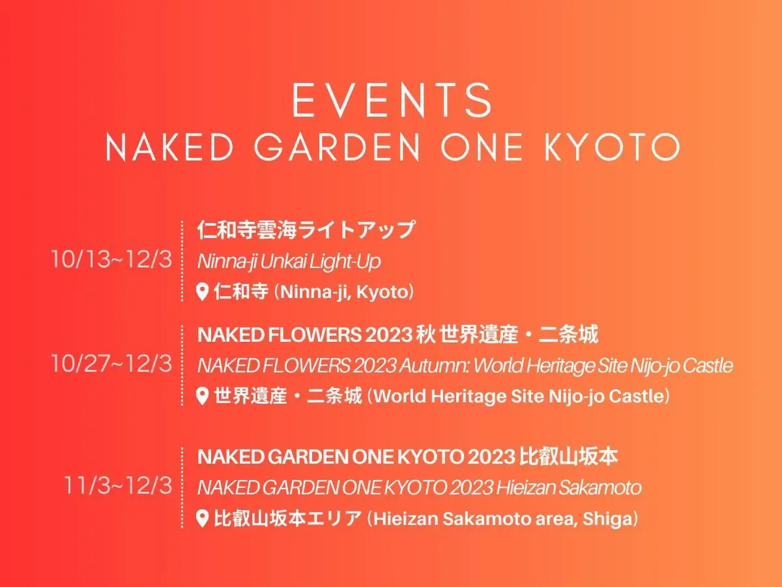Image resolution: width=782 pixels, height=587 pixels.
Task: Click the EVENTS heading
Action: (x=392, y=100)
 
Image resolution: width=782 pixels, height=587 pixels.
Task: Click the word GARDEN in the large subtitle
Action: (x=338, y=147)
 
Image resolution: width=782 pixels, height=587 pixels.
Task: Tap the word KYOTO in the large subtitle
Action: (x=612, y=147)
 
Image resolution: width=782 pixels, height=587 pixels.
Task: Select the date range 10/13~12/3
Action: (x=111, y=259)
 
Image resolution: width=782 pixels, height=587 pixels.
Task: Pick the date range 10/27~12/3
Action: (x=111, y=364)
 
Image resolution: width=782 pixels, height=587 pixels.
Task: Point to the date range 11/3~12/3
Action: (x=118, y=486)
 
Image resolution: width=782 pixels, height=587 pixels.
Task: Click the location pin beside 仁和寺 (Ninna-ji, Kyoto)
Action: (x=203, y=292)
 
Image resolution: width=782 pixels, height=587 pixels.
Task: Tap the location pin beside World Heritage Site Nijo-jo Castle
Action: (x=203, y=397)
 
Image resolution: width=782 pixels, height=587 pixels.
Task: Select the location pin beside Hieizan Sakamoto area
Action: (x=203, y=519)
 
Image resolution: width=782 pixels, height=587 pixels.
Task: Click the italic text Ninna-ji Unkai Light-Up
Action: (x=289, y=262)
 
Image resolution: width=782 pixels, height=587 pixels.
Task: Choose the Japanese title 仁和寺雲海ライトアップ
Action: (x=306, y=230)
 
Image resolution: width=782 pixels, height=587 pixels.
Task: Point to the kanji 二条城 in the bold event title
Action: (x=569, y=335)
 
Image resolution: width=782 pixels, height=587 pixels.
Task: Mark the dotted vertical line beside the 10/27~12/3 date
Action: (x=182, y=365)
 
